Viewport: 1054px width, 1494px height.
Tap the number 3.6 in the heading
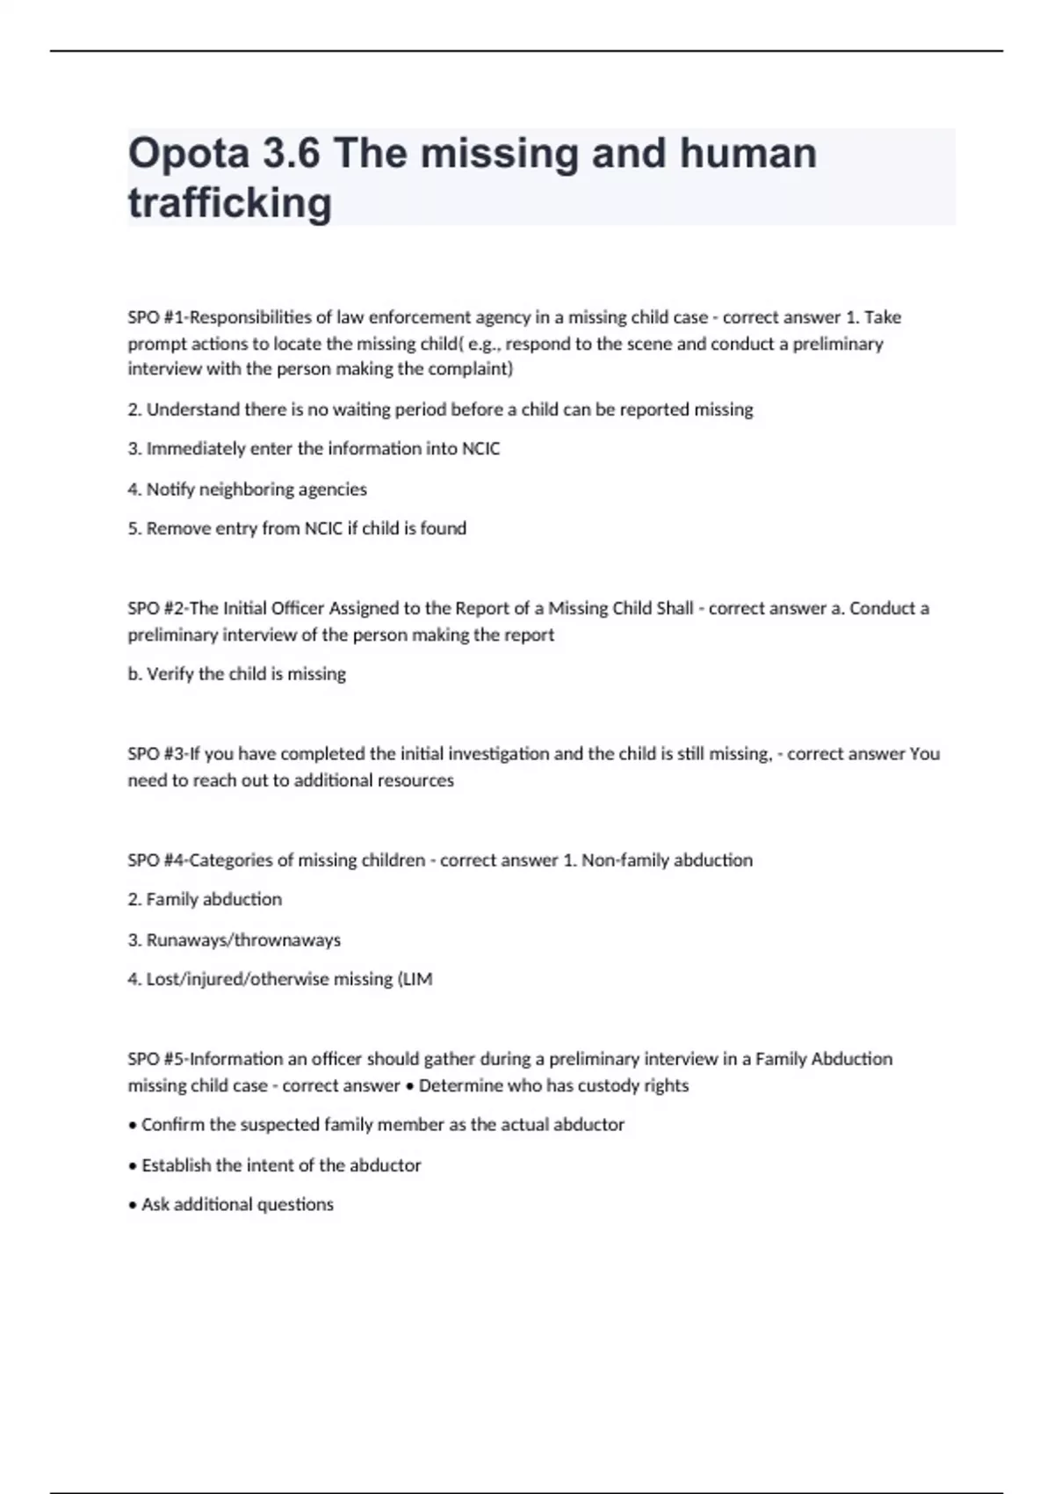(x=291, y=154)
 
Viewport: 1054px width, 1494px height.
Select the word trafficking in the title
(x=230, y=203)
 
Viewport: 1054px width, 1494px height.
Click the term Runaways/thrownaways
(x=243, y=940)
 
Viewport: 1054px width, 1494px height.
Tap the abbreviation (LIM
(x=415, y=979)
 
